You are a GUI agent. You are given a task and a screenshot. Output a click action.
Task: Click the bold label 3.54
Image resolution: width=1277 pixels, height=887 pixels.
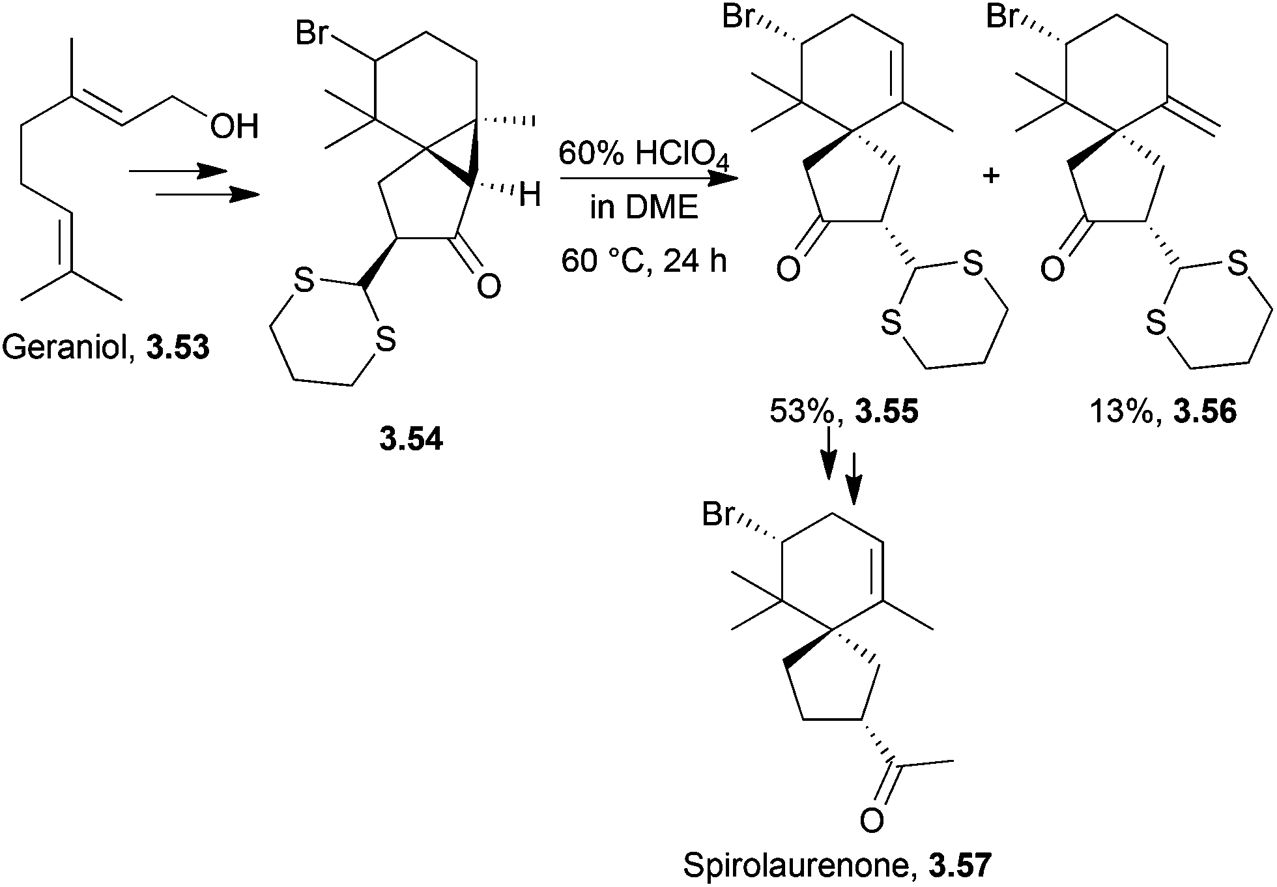[411, 441]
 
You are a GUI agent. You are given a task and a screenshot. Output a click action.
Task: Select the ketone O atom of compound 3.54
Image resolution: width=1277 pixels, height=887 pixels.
[489, 286]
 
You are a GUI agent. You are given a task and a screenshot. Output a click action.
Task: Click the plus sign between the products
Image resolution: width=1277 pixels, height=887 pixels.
[991, 176]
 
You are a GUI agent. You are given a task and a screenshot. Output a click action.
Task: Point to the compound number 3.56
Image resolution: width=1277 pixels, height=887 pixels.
[1205, 412]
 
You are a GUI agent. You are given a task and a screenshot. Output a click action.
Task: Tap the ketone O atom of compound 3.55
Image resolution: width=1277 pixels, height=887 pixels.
[788, 269]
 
